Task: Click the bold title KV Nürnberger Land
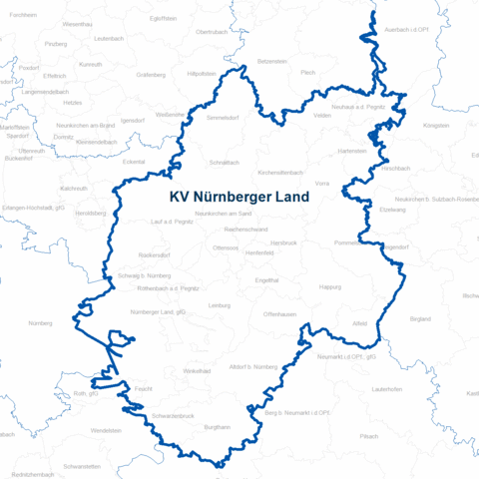[239, 198]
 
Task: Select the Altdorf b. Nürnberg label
[252, 367]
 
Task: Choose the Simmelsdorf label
[225, 118]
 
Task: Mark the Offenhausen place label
[279, 314]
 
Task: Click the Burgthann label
[217, 427]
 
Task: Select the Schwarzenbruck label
[173, 414]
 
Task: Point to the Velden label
[322, 116]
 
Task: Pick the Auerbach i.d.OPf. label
[405, 31]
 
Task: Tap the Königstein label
[437, 127]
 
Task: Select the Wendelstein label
[106, 430]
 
